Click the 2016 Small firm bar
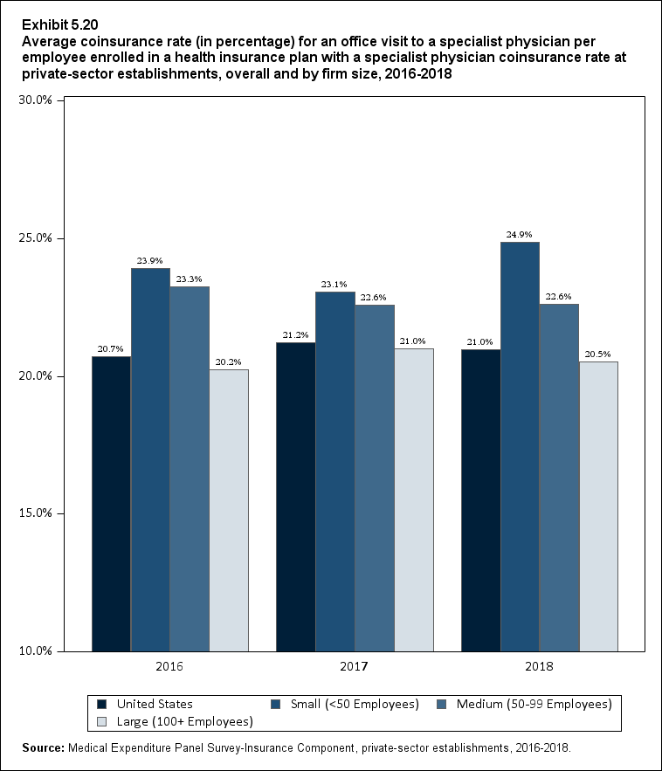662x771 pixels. click(x=150, y=459)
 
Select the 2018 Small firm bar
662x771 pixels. click(x=520, y=446)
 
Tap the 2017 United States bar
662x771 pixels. click(x=296, y=496)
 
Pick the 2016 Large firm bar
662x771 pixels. click(x=229, y=510)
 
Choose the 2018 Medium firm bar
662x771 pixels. click(x=559, y=477)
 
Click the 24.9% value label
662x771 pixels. click(x=520, y=235)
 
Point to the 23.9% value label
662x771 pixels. click(x=150, y=261)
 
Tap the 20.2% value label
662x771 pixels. click(x=229, y=362)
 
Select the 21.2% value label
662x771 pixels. click(x=296, y=335)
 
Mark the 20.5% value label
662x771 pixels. click(x=598, y=355)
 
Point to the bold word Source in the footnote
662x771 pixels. click(x=45, y=749)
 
